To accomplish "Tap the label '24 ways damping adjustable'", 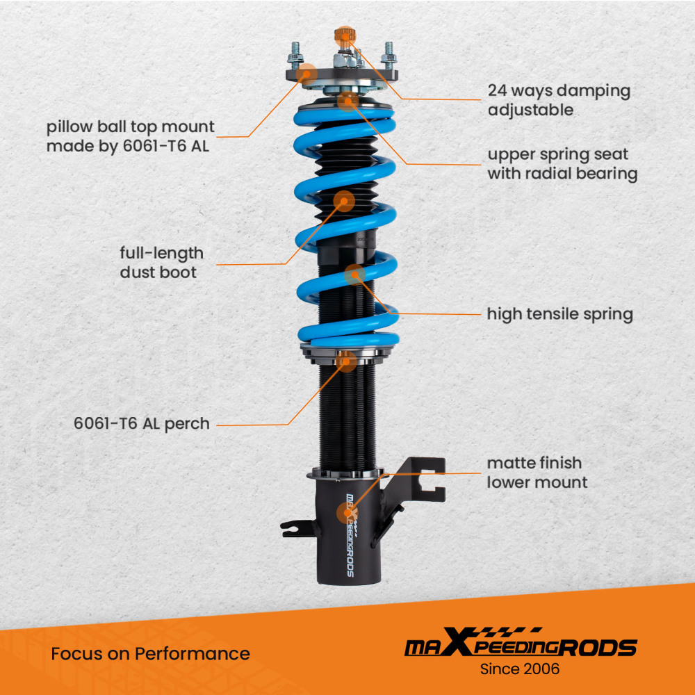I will (x=559, y=100).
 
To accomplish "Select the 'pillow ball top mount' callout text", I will (x=131, y=136).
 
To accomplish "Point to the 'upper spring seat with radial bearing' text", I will (x=562, y=164).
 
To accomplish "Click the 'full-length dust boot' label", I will (x=161, y=263).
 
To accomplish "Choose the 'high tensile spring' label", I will (x=559, y=314).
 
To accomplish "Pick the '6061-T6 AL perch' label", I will (x=142, y=423).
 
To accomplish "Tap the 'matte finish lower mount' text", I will (x=537, y=472).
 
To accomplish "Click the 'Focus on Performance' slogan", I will (x=150, y=653).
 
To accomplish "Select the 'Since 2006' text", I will (x=521, y=669).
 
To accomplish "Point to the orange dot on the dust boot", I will (x=344, y=202).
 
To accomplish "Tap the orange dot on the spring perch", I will (x=346, y=361).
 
